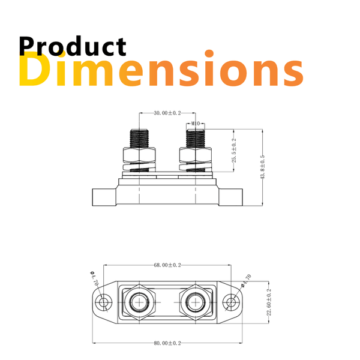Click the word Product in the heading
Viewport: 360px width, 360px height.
[x=73, y=47]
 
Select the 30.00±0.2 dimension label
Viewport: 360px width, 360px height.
[x=167, y=113]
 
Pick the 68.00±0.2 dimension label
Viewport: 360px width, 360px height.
[x=167, y=265]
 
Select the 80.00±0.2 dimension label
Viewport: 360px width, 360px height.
[x=167, y=343]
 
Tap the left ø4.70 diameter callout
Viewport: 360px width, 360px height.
[x=94, y=280]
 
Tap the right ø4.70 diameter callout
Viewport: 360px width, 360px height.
[x=245, y=279]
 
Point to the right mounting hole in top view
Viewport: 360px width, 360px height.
[x=231, y=301]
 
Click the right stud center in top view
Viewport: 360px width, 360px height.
[x=195, y=301]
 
